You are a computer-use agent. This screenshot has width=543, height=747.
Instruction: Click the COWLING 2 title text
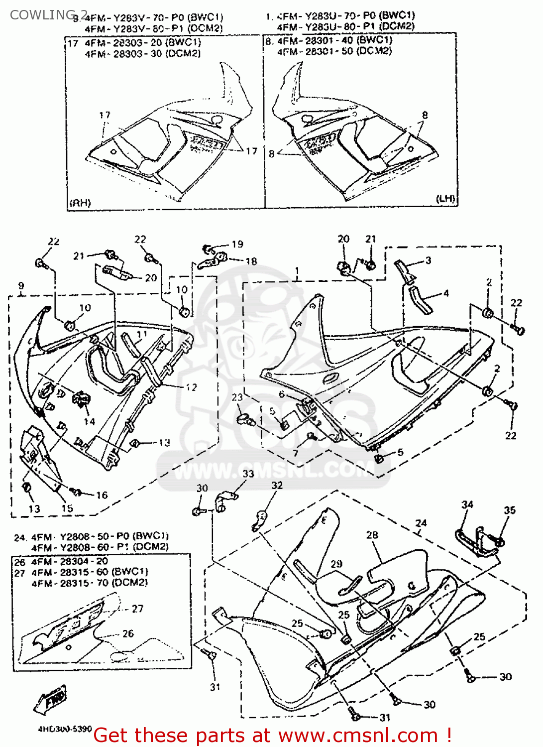point(48,14)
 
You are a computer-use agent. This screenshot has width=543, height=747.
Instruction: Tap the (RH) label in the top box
point(80,203)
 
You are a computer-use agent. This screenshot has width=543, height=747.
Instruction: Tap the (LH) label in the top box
point(445,198)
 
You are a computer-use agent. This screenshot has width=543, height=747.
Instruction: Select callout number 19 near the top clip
point(237,244)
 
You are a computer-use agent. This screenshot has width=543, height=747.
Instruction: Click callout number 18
point(251,261)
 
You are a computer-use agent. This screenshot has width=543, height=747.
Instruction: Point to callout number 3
point(428,260)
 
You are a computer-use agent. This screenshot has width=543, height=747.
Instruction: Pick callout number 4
point(446,293)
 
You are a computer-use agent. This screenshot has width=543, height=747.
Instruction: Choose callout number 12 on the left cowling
point(191,387)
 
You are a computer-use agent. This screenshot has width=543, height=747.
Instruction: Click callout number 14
point(89,421)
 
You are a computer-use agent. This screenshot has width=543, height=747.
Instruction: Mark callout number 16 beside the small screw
point(102,495)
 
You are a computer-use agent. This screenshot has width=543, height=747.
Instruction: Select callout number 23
point(237,397)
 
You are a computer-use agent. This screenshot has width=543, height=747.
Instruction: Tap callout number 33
point(248,474)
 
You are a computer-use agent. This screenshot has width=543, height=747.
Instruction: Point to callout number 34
point(467,504)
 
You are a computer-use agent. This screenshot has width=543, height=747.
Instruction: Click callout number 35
point(510,510)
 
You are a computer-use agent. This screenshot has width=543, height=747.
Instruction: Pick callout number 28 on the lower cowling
point(372,535)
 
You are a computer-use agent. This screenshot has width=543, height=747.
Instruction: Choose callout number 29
point(336,564)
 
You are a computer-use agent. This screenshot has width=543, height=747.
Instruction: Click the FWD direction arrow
point(50,700)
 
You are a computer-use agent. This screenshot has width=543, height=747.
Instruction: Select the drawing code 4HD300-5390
point(65,729)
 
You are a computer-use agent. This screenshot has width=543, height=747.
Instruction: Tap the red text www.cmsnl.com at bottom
point(358,735)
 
